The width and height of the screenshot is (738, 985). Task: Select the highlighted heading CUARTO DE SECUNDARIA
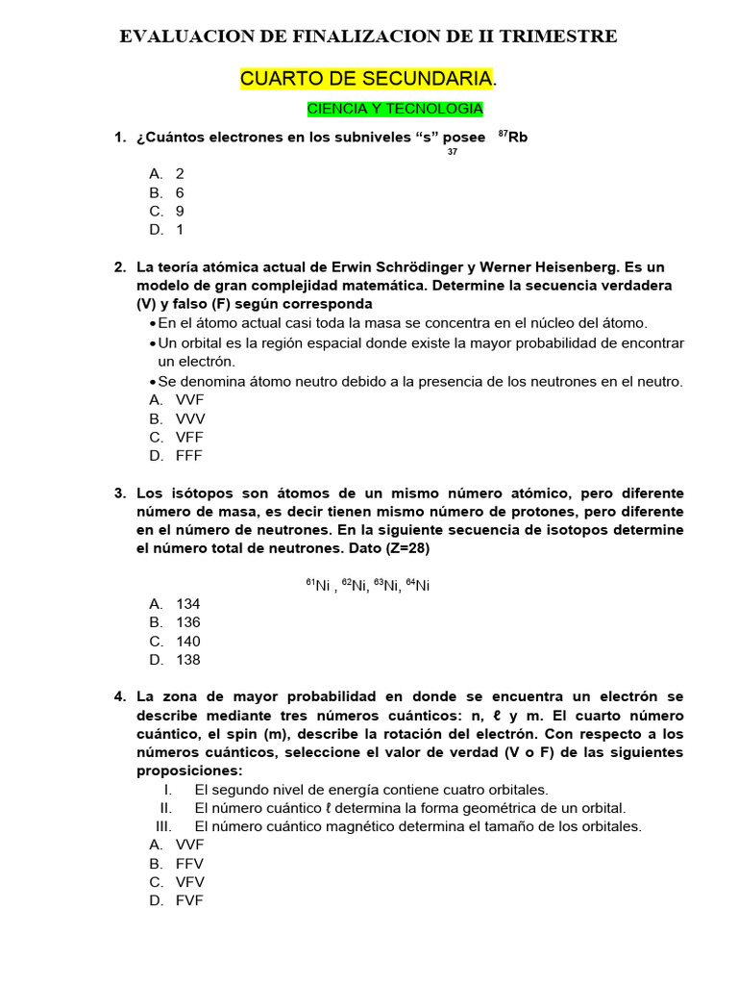pos(366,79)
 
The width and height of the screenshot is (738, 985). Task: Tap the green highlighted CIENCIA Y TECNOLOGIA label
pos(395,109)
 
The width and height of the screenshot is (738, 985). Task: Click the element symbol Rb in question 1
pos(518,138)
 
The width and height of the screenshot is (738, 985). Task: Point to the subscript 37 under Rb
pos(453,152)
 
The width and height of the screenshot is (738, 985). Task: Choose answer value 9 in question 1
pos(180,211)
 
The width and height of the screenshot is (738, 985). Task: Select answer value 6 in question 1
pos(180,192)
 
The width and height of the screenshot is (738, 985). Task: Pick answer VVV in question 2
pos(190,418)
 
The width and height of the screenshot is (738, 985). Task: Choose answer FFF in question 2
pos(189,456)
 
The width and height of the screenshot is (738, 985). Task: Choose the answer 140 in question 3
pos(188,642)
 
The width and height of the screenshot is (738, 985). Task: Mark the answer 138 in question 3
pos(188,660)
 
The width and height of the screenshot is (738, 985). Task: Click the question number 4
pos(119,696)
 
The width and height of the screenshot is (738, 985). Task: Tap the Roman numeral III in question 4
pos(164,826)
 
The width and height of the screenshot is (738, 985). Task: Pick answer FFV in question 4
pos(190,864)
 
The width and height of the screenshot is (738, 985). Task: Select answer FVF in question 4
pos(190,901)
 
